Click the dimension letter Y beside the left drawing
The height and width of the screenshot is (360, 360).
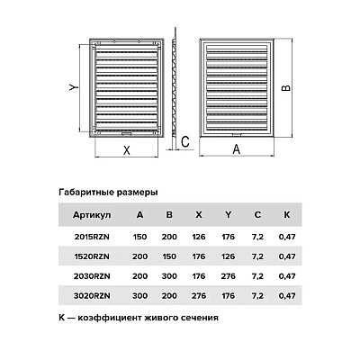click(x=74, y=87)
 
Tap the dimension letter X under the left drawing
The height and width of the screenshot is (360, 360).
click(x=127, y=150)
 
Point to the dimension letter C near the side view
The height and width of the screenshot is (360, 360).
click(x=185, y=141)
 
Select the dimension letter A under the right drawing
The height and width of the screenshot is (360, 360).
click(x=237, y=148)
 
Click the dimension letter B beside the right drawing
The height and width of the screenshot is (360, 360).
click(x=286, y=87)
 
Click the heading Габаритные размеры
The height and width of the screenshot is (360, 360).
click(x=108, y=192)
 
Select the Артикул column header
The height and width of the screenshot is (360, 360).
click(x=92, y=215)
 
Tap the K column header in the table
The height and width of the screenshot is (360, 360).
click(x=287, y=215)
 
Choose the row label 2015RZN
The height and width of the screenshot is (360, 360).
click(x=92, y=237)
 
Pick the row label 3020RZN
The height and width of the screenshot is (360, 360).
click(x=92, y=296)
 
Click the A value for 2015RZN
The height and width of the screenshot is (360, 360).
click(x=139, y=237)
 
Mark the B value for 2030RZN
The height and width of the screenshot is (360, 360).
click(x=169, y=276)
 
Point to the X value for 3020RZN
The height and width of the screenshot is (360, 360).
click(x=199, y=296)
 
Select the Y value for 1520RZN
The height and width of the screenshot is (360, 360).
click(x=228, y=256)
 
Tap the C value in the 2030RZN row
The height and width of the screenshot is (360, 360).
click(x=257, y=276)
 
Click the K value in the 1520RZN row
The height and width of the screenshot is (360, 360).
click(x=287, y=256)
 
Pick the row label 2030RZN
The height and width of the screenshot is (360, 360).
click(x=92, y=276)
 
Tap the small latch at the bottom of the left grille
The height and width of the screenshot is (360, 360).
click(x=126, y=134)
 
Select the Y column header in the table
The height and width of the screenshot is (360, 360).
click(x=229, y=215)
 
